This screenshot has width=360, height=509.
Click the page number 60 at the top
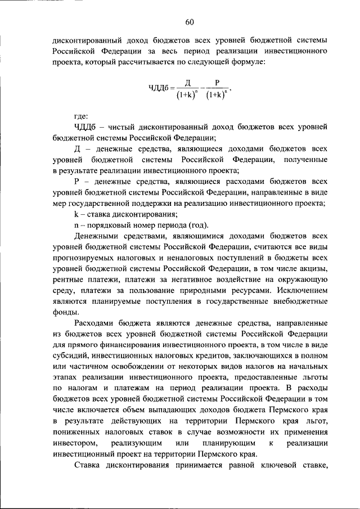(x=189, y=22)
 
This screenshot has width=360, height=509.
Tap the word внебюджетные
(x=301, y=302)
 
